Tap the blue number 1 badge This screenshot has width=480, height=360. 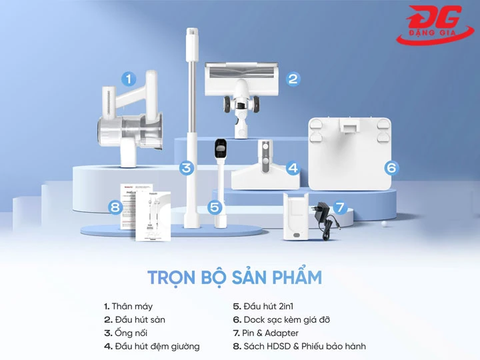(x=128, y=79)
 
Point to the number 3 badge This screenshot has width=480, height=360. (x=187, y=168)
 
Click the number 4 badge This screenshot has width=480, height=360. (x=292, y=169)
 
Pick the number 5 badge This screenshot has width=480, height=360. (x=214, y=207)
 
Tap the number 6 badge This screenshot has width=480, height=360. (x=391, y=168)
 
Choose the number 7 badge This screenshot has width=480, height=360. (x=341, y=207)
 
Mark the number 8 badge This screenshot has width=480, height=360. (x=115, y=207)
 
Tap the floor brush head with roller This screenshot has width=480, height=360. (x=239, y=83)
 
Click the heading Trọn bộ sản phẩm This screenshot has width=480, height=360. (x=234, y=277)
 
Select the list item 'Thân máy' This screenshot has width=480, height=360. (x=128, y=307)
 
